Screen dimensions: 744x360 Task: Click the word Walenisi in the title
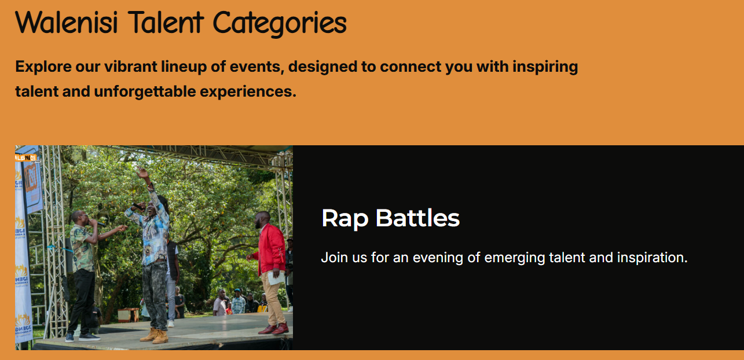click(x=67, y=22)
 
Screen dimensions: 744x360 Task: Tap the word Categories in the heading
click(x=280, y=24)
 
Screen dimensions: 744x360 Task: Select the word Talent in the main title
click(x=166, y=22)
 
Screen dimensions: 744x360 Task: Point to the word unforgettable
click(x=145, y=91)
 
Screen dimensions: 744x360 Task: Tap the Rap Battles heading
click(x=391, y=219)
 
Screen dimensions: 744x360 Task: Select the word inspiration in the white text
click(x=653, y=258)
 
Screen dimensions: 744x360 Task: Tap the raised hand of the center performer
click(x=142, y=172)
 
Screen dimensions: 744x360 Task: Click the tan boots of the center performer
click(x=155, y=336)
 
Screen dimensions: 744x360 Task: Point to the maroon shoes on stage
click(x=274, y=329)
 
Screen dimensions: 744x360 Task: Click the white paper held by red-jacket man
click(x=276, y=278)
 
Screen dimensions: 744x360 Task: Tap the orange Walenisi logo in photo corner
click(x=27, y=158)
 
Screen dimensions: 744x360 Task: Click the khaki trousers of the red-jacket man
click(x=272, y=298)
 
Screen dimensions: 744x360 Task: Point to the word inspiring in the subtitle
click(x=545, y=67)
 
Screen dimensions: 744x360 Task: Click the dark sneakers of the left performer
click(x=82, y=337)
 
